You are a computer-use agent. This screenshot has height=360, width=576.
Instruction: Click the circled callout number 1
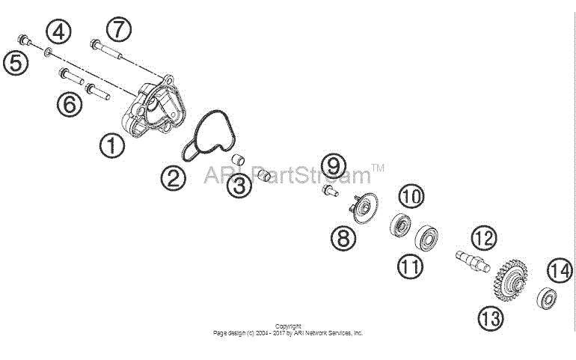pos(112,146)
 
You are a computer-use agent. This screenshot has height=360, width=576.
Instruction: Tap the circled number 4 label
pos(58,32)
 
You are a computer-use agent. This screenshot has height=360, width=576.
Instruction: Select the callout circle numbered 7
pos(118,29)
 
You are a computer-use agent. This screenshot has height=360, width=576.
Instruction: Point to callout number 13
pos(491,318)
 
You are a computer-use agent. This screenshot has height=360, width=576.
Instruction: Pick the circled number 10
pos(411,196)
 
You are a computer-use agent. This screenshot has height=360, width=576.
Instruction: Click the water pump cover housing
pos(154,106)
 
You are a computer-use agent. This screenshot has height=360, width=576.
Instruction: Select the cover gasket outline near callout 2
pos(208,136)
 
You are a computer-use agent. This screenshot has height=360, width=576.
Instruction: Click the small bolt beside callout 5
pos(24,40)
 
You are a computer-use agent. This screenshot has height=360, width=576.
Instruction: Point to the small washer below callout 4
pos(48,52)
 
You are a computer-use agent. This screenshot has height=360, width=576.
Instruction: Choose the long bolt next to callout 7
pos(105,49)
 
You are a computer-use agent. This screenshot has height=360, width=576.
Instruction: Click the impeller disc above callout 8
pos(364,208)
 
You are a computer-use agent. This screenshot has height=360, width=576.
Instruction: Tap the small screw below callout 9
pos(330,191)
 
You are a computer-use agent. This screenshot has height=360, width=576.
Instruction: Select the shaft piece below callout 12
pos(473,261)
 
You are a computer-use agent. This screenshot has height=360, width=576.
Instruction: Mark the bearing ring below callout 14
pos(547,298)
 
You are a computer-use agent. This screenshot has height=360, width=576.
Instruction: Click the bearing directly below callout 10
pos(400,225)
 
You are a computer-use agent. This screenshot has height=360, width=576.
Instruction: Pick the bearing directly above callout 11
pos(426,238)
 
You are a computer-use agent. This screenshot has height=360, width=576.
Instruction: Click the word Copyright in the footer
pos(288,326)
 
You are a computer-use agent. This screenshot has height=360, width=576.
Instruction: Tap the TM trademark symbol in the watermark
pos(378,168)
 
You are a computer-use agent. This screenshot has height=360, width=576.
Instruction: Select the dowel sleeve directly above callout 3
pos(238,160)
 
